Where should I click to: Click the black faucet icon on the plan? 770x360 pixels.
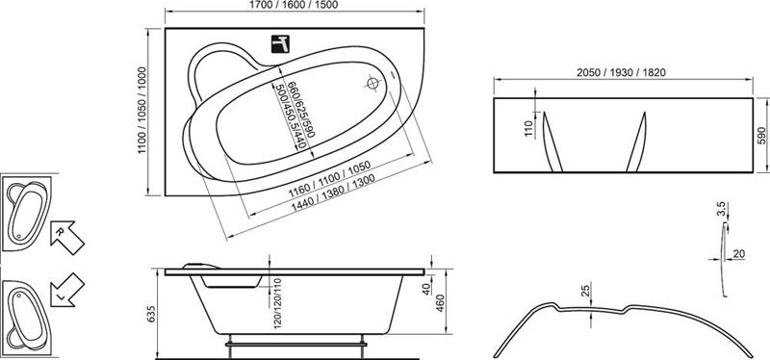pos(280,44)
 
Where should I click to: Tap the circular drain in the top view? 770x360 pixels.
pos(372,84)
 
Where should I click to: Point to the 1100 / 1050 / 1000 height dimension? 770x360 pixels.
pos(142,110)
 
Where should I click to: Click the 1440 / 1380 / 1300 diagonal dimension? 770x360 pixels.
pos(333,193)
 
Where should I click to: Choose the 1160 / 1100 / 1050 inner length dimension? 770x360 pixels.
pos(329,178)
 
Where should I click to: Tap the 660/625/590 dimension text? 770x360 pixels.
pos(300,109)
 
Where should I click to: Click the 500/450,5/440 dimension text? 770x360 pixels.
pos(291,116)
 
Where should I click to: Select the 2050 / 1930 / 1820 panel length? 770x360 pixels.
pos(621,73)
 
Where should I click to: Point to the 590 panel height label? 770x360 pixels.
pos(761,135)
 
